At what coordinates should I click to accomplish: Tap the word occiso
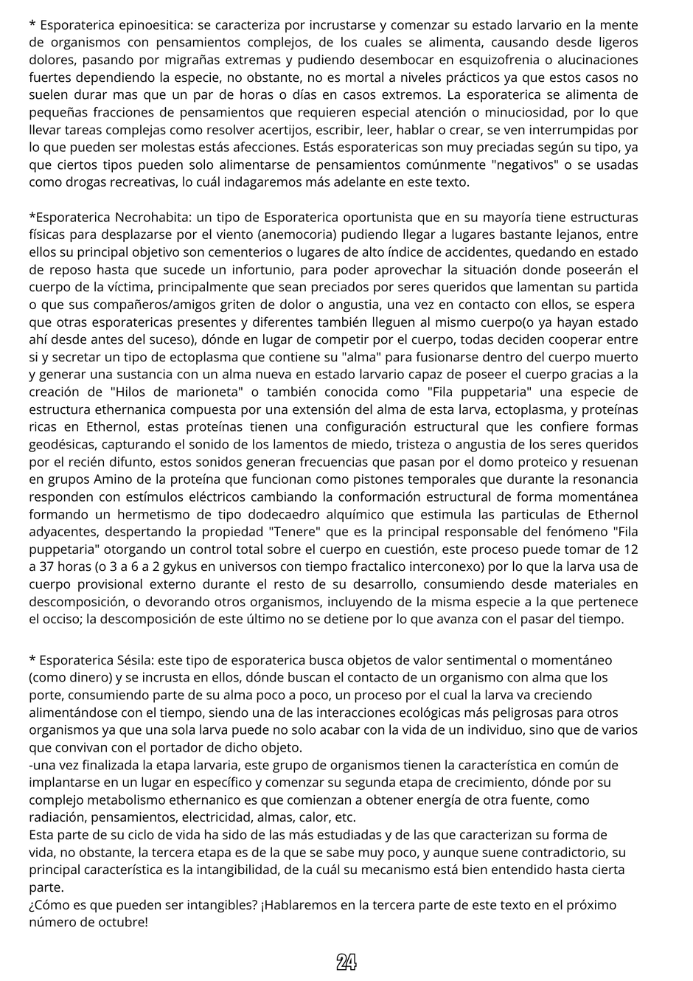60,620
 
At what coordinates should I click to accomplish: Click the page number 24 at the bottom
346,962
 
